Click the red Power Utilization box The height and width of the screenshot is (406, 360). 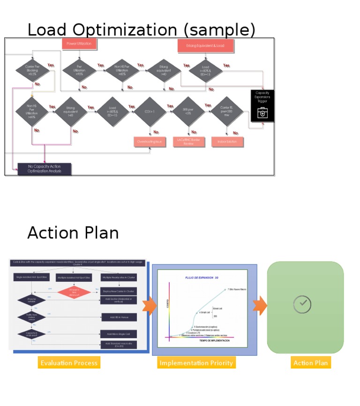point(79,44)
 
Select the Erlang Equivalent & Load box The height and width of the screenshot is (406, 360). point(205,46)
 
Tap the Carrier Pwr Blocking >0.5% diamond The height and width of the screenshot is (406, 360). point(32,70)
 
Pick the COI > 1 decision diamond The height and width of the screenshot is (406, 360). point(150,112)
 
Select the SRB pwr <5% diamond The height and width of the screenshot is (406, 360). point(187,111)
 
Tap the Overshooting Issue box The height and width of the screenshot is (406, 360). point(150,142)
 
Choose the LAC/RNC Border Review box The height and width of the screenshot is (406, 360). point(188,142)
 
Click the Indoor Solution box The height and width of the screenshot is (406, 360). point(227,142)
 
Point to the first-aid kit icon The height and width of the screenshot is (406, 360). point(262,113)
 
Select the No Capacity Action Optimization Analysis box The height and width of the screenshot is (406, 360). point(44,169)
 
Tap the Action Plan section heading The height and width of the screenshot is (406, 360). point(73,233)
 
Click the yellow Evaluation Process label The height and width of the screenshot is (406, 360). point(69,362)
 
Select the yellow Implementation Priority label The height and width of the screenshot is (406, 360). point(196,362)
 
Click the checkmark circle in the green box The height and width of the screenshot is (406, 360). point(302,304)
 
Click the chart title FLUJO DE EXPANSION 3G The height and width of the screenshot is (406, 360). point(202,278)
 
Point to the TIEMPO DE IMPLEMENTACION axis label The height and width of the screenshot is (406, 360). point(214,340)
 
